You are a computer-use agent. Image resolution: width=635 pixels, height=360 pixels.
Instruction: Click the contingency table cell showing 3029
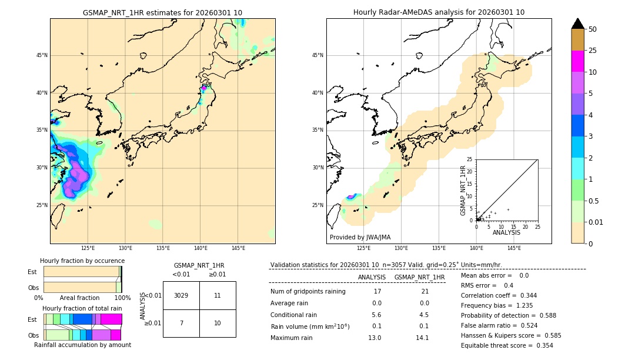click(x=181, y=295)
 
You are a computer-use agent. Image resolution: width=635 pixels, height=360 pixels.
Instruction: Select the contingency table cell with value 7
click(x=181, y=323)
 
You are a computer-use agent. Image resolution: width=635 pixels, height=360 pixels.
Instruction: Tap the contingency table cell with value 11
click(x=218, y=295)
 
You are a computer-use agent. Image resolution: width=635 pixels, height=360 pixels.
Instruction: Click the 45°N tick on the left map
click(x=42, y=55)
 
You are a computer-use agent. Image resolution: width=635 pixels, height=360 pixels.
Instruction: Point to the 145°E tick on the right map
click(x=514, y=248)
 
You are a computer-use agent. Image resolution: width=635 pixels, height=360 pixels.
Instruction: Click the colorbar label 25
click(x=593, y=51)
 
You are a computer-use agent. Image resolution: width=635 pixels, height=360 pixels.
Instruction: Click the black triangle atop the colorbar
click(x=578, y=24)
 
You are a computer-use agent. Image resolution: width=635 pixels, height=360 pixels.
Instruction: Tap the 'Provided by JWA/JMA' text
click(x=360, y=237)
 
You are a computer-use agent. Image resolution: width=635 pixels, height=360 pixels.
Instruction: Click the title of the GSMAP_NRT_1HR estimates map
click(x=162, y=12)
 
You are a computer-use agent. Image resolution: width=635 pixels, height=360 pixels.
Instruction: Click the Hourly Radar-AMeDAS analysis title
click(x=439, y=12)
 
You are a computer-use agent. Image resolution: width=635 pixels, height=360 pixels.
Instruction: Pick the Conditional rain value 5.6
click(x=376, y=314)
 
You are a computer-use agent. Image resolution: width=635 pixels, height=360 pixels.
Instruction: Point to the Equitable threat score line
click(x=506, y=345)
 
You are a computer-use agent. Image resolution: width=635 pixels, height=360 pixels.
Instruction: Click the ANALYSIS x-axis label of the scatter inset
click(x=506, y=233)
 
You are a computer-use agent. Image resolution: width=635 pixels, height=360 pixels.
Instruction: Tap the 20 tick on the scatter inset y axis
click(x=470, y=171)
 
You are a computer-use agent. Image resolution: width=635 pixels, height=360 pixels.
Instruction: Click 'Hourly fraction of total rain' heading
click(x=82, y=308)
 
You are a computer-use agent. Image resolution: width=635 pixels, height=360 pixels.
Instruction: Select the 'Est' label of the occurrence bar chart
click(x=32, y=272)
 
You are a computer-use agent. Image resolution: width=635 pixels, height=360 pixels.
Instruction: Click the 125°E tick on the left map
click(x=88, y=248)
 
